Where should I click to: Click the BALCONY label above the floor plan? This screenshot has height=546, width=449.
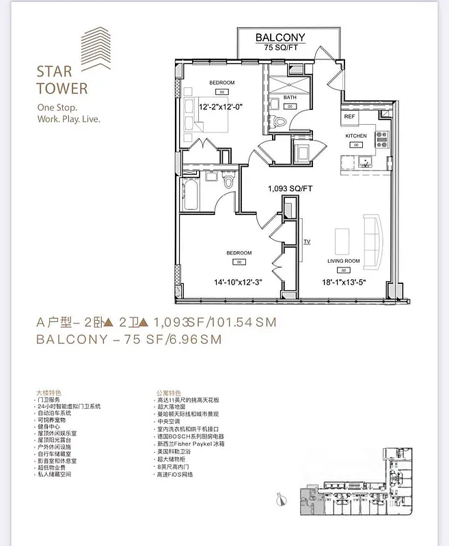[x=280, y=38]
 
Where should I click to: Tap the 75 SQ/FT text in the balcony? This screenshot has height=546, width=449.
[x=280, y=48]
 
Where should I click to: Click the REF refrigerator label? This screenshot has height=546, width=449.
[x=349, y=117]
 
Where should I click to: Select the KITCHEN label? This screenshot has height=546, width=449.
[x=355, y=136]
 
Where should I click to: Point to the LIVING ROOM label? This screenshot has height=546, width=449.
[x=343, y=261]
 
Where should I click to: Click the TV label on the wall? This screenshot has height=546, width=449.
[x=307, y=242]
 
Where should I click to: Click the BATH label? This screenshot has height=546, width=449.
[x=290, y=98]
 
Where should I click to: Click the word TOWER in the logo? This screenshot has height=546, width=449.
[x=62, y=88]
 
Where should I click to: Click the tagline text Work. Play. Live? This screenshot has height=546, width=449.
[x=68, y=119]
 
